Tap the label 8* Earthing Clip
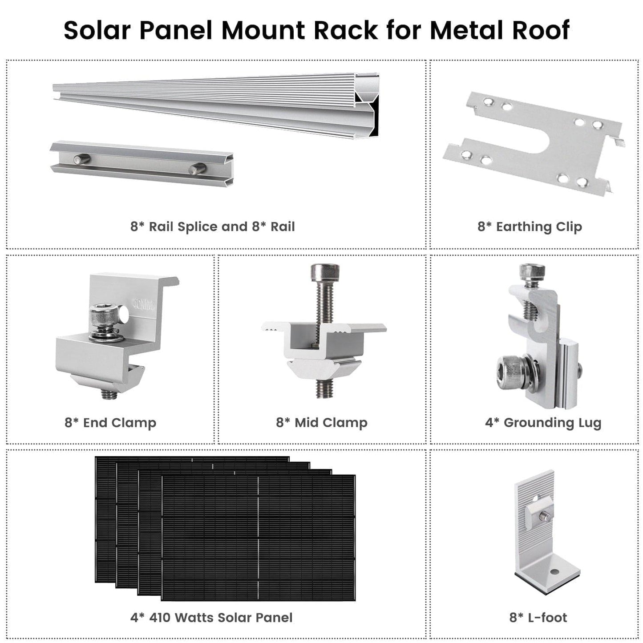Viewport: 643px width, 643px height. pos(530,226)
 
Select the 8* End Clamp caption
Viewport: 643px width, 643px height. pos(110,422)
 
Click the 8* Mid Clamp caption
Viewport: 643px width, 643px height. pos(322,422)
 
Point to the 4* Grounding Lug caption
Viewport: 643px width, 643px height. pos(543,422)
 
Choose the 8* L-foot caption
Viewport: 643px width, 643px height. pos(538,617)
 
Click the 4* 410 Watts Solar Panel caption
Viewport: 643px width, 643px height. pos(211,617)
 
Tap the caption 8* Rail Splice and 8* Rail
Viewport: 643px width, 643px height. pos(212,226)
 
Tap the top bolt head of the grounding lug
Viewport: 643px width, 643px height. pos(532,271)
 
